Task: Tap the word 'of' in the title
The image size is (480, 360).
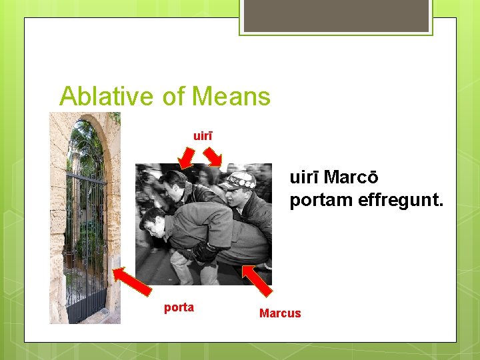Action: (x=175, y=97)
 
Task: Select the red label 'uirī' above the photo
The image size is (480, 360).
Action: (x=203, y=136)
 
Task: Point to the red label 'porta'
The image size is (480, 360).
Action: (x=179, y=307)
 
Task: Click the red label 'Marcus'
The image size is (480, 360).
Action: (x=280, y=313)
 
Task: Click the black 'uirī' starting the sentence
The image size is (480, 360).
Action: (x=304, y=179)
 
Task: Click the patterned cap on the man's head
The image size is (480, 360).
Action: (x=239, y=179)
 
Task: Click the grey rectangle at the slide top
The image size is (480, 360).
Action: (x=336, y=15)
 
